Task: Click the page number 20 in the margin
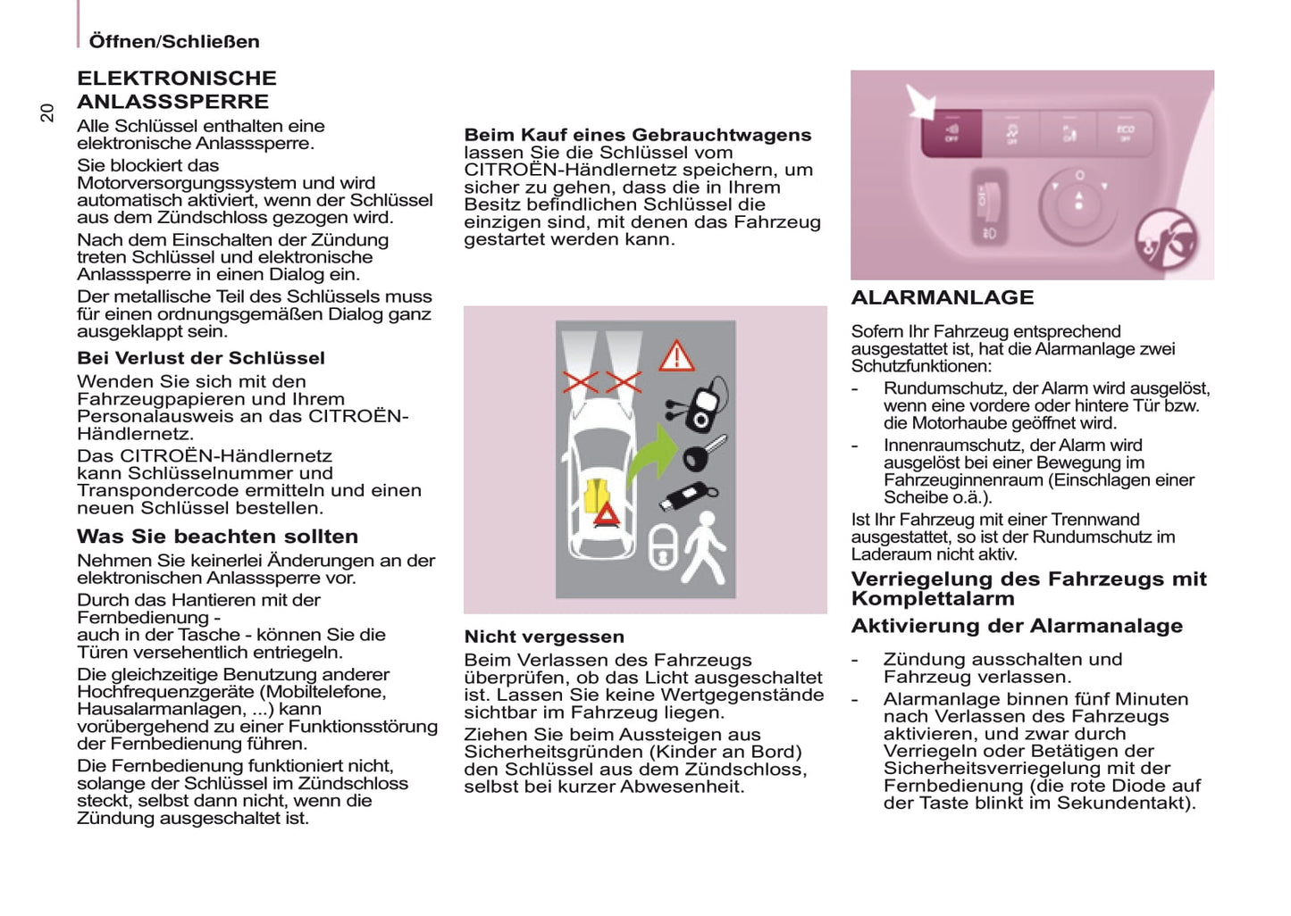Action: [47, 112]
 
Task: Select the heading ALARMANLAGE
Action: [942, 298]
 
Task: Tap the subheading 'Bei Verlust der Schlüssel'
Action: [201, 358]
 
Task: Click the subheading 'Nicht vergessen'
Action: [544, 637]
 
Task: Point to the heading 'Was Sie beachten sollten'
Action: [217, 537]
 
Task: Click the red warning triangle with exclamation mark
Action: [676, 356]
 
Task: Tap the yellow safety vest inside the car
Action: [595, 495]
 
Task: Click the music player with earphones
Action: [701, 404]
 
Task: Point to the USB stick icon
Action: [687, 496]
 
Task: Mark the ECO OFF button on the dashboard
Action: [1125, 134]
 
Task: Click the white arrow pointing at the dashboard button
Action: [919, 101]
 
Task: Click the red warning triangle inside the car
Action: [608, 514]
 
